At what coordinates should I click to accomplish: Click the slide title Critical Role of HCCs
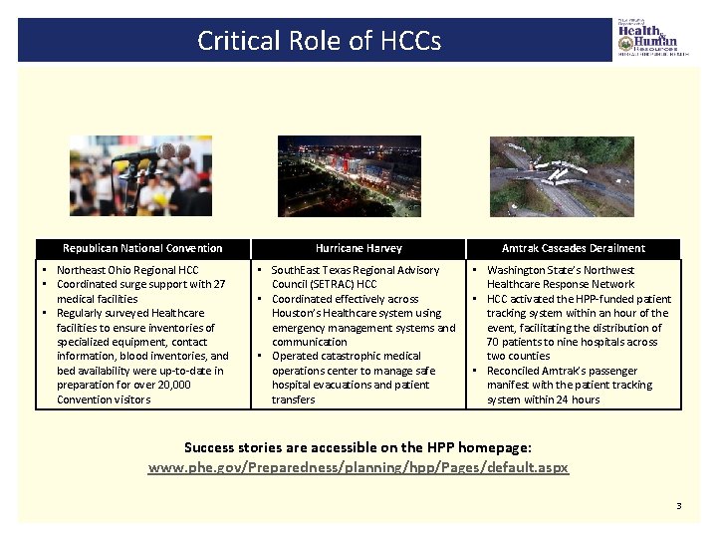coord(318,41)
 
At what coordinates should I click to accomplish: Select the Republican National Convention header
coord(142,248)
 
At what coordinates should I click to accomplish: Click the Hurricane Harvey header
coord(358,248)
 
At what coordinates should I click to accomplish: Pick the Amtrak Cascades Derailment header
coord(573,248)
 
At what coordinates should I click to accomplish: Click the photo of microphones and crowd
coord(140,175)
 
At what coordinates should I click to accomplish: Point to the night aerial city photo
coord(349,175)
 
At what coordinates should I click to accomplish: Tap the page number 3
coord(679,506)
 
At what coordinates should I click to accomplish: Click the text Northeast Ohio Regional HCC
coord(127,270)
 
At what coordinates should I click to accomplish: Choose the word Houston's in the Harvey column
coord(299,313)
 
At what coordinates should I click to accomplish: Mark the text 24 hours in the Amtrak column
coord(578,400)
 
